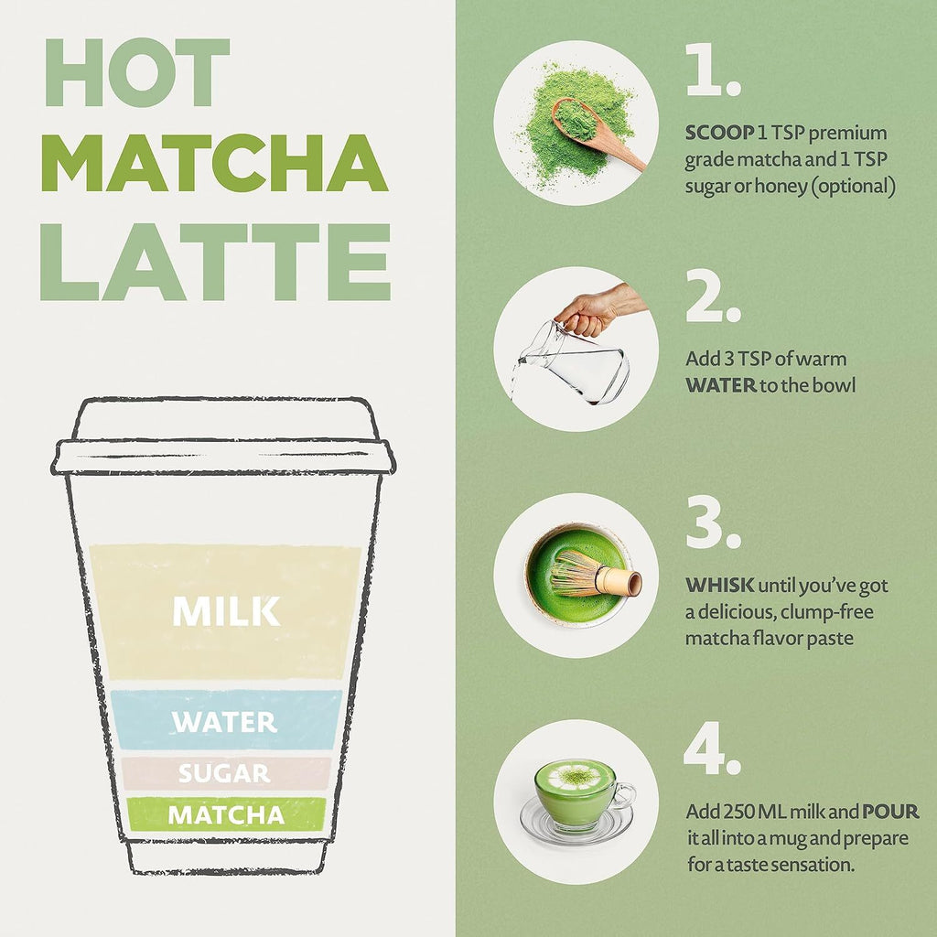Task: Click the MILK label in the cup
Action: [x=226, y=612]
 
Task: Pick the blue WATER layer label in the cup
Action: [x=225, y=722]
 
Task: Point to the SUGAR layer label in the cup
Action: [x=224, y=774]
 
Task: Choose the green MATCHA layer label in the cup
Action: [x=225, y=814]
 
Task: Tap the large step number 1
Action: [x=712, y=72]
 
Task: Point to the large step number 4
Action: [x=712, y=751]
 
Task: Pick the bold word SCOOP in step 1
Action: [x=719, y=134]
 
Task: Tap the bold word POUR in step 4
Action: [x=890, y=813]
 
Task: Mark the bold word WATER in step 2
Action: [x=720, y=385]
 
